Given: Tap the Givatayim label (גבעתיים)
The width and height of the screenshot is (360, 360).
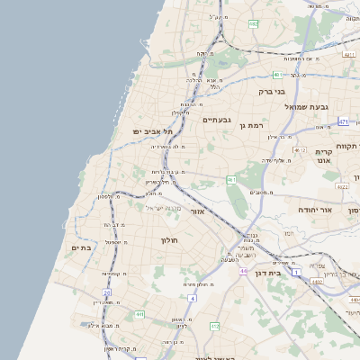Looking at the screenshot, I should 217,120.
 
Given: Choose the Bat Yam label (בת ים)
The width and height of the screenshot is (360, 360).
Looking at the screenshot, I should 81,247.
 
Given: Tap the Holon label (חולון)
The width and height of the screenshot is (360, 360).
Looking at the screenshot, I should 171,240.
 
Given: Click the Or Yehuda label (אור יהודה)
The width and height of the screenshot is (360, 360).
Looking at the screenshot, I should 315,209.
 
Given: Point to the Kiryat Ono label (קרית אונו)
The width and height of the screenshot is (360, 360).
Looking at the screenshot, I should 324,157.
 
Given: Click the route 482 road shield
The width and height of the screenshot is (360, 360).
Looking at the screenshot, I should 254,23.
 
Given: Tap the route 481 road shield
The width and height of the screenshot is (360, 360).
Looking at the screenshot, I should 278,75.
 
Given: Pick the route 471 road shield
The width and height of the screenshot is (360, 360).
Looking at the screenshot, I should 343,121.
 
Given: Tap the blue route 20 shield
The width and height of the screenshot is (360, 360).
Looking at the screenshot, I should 106,293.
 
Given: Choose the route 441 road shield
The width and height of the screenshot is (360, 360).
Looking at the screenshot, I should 140,314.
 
